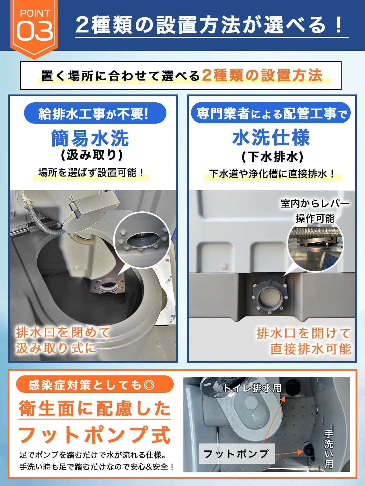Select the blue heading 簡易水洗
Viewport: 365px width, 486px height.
tap(90, 139)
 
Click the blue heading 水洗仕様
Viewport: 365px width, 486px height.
tap(271, 137)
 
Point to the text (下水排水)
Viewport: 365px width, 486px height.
tap(273, 157)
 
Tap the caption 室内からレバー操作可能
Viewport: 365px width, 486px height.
tap(315, 211)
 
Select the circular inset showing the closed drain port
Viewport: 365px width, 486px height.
tap(142, 239)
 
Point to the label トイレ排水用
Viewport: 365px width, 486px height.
tap(252, 388)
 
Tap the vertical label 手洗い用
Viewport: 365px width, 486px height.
tap(329, 449)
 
